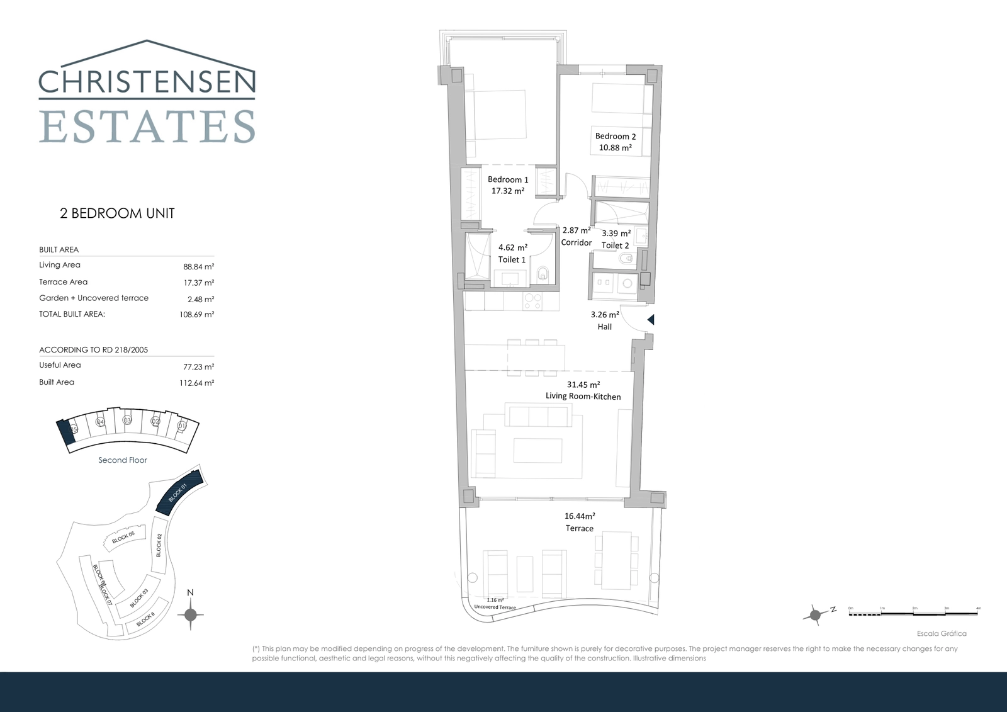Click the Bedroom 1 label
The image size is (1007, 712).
[508, 179]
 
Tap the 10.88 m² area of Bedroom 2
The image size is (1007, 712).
[615, 148]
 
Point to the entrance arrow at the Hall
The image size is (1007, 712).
[651, 320]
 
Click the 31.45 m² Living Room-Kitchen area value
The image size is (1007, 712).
[583, 384]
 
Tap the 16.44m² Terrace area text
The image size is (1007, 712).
[579, 516]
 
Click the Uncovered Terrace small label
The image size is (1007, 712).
[495, 607]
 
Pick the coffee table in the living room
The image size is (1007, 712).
[537, 450]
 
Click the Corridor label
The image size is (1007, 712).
[576, 242]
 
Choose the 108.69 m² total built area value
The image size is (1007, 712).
[196, 314]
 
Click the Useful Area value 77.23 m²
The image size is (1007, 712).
[198, 366]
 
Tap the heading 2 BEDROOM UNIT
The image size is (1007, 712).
[117, 213]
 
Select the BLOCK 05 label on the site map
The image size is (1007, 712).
[123, 537]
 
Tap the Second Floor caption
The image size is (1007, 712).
[123, 460]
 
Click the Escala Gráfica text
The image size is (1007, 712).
[941, 633]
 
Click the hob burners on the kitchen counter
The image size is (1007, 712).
[533, 301]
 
